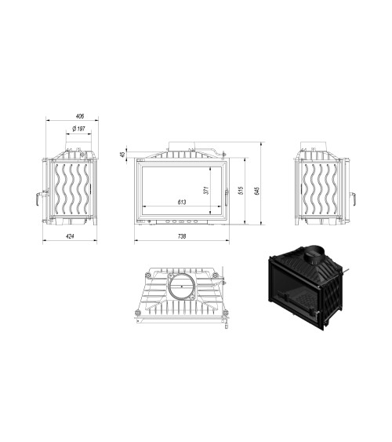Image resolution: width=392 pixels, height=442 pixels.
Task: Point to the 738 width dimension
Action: (x=182, y=235)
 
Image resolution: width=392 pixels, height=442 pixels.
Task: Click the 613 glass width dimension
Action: (x=182, y=203)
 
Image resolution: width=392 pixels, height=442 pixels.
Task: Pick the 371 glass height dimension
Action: (x=206, y=189)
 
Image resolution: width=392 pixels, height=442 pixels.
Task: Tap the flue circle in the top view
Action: (x=183, y=286)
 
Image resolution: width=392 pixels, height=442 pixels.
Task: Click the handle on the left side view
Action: (x=36, y=199)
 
